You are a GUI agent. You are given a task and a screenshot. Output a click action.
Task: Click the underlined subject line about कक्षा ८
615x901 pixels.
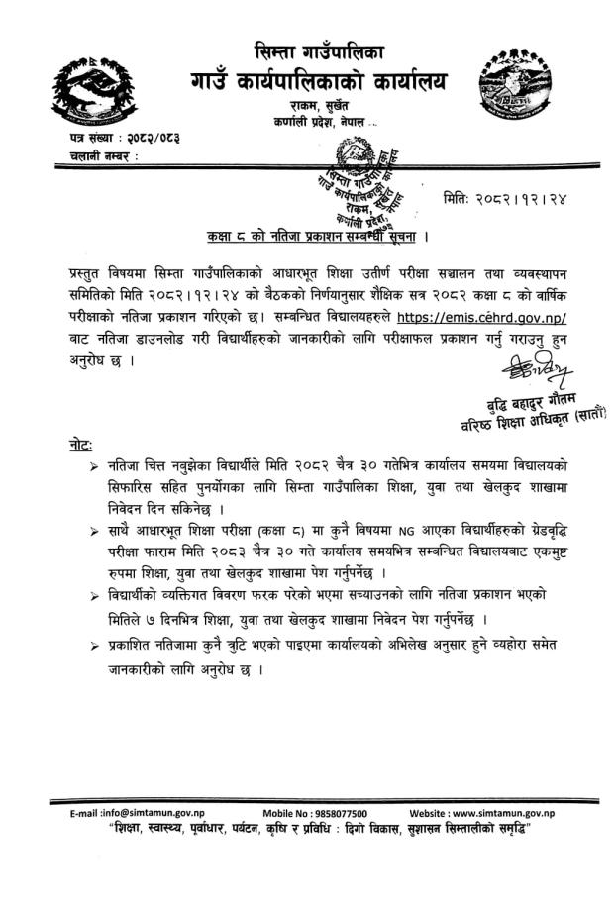click(310, 239)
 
